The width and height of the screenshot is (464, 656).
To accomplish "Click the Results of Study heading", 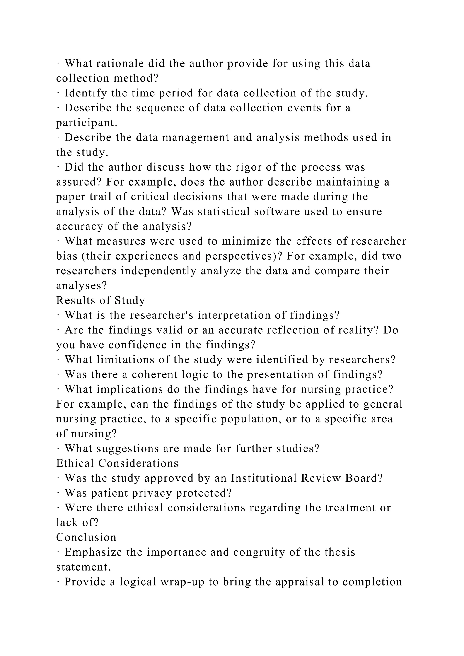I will (101, 300).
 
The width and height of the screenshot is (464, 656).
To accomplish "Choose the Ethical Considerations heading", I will (117, 463).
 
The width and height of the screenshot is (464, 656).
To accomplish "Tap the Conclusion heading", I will (86, 538).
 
